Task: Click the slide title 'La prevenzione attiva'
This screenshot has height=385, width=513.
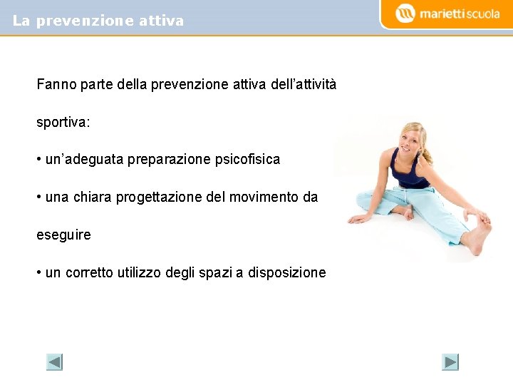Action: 98,21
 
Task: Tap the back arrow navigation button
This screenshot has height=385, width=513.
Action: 55,362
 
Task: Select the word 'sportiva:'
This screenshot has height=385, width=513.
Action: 63,123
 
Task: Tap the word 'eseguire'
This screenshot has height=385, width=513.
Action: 63,235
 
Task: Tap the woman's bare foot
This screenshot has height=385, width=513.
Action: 476,239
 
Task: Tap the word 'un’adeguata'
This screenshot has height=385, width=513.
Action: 84,160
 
